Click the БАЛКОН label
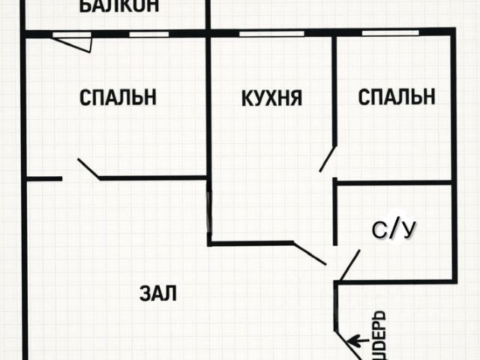118,7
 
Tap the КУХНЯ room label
271,97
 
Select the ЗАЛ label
157,293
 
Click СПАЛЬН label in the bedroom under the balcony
117,97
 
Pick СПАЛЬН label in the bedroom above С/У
397,97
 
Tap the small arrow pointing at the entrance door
356,340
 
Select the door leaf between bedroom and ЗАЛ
88,169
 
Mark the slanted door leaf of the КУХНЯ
309,253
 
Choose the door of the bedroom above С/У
328,158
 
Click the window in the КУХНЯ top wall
271,33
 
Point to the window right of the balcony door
139,34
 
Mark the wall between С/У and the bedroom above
394,182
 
